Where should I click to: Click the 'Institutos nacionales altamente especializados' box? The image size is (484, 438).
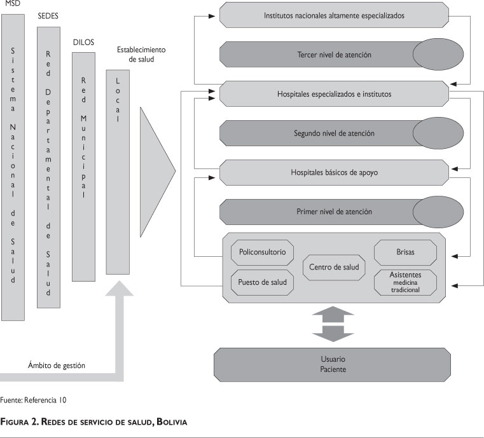pyautogui.click(x=333, y=15)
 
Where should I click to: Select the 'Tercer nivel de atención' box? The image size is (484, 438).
pyautogui.click(x=317, y=55)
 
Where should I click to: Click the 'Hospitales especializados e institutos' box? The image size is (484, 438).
pyautogui.click(x=333, y=94)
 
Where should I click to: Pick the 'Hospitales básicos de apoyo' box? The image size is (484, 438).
pyautogui.click(x=333, y=172)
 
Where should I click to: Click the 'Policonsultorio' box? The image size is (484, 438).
pyautogui.click(x=261, y=252)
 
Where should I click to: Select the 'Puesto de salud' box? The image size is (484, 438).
pyautogui.click(x=261, y=282)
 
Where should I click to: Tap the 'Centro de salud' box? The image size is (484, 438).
pyautogui.click(x=333, y=267)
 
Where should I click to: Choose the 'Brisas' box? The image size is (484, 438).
pyautogui.click(x=404, y=252)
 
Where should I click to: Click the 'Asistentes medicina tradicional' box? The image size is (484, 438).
pyautogui.click(x=404, y=282)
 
